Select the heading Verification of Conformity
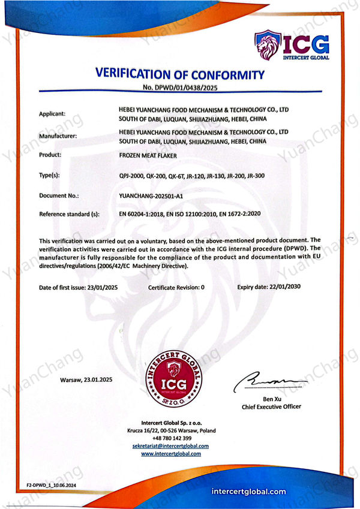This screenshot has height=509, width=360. (x=179, y=75)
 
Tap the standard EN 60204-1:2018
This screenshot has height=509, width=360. (x=143, y=213)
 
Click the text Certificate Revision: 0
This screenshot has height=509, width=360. (x=176, y=287)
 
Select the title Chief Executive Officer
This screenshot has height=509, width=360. (x=271, y=406)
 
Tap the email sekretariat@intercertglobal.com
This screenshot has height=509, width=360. (x=171, y=446)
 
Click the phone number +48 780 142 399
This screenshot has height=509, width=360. (x=171, y=438)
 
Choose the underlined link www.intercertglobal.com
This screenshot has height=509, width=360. (x=171, y=454)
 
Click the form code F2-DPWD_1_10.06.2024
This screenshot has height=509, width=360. (x=51, y=484)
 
